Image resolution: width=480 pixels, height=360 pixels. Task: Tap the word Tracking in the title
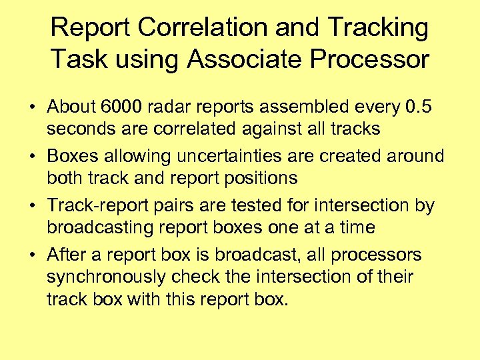(x=377, y=28)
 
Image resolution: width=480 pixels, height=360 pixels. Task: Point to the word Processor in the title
(x=375, y=59)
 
